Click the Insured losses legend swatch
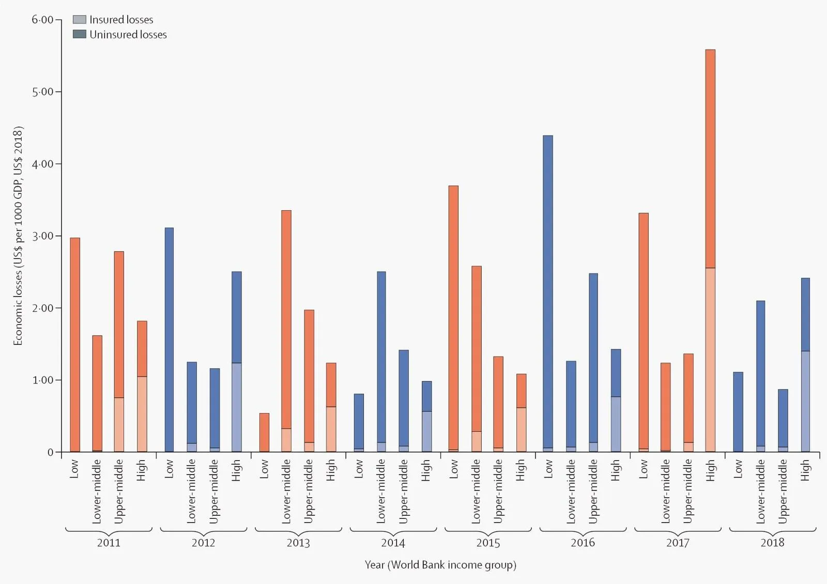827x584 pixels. pos(79,20)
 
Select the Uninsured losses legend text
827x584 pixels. pos(128,35)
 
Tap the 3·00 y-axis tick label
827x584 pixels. pos(42,236)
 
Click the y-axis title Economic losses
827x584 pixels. pos(18,235)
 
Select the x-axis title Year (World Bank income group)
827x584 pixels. pos(440,564)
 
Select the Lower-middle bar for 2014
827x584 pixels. pos(381,361)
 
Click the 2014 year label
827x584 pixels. pos(393,543)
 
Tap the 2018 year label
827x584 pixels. pos(772,543)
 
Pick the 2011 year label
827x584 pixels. pos(109,543)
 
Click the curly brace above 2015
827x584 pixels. pos(488,530)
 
